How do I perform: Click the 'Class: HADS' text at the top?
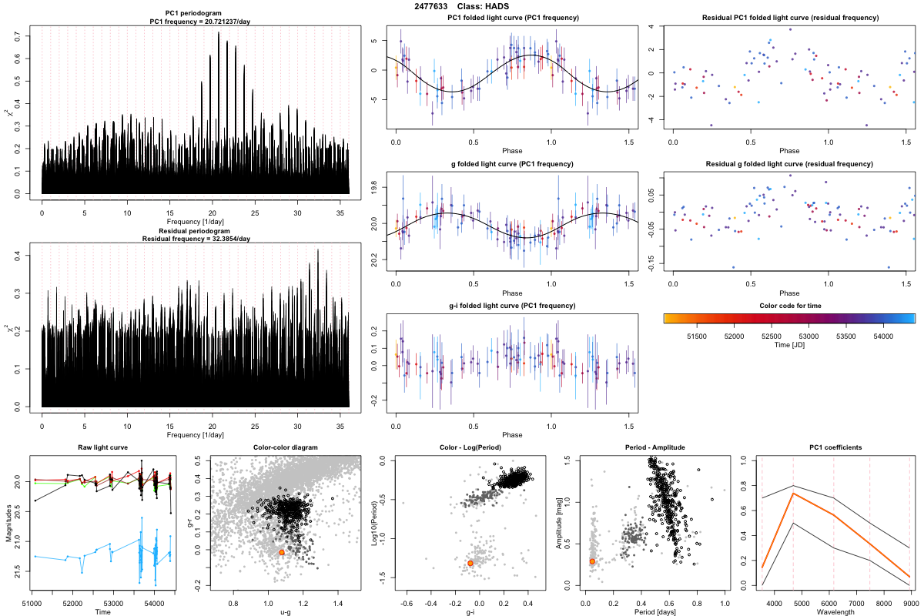[x=483, y=6]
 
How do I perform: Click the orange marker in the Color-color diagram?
[x=282, y=552]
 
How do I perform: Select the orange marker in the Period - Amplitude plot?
[x=592, y=561]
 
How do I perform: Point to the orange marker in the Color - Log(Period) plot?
[x=470, y=564]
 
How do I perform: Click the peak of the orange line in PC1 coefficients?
[x=793, y=494]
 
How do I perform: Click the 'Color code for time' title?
[x=789, y=306]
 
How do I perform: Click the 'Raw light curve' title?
[x=102, y=448]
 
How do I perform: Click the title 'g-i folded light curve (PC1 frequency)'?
[x=512, y=306]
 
